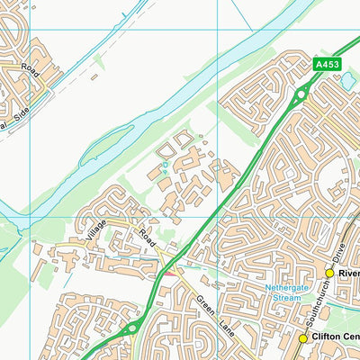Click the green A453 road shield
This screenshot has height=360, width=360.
327,64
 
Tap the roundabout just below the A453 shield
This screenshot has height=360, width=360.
301,94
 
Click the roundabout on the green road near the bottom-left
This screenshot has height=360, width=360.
132,329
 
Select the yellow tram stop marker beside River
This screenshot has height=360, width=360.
329,273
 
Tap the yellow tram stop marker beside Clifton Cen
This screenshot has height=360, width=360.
303,338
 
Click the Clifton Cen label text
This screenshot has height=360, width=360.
336,338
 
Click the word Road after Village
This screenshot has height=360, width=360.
147,238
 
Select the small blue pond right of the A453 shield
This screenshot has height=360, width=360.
348,81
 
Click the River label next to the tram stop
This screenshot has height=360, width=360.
349,273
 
